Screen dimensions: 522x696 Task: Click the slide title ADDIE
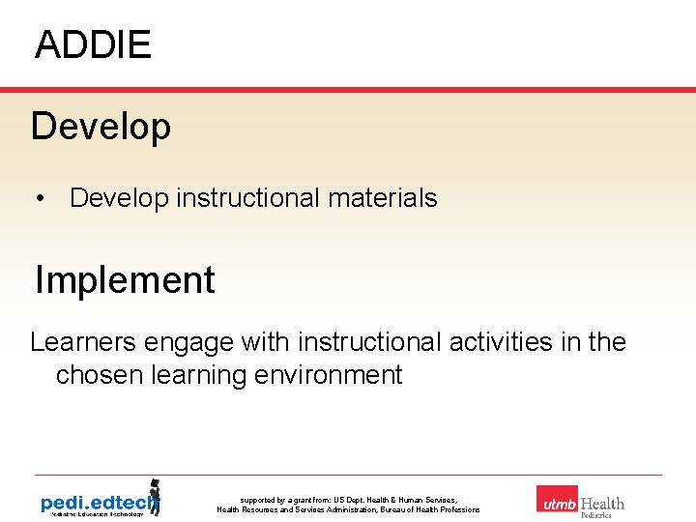(x=93, y=45)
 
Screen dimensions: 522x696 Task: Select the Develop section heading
(x=101, y=127)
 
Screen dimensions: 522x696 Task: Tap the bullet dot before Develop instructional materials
(x=41, y=198)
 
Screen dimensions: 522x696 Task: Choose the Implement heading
(x=125, y=280)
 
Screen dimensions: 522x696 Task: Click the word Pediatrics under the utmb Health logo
(x=595, y=515)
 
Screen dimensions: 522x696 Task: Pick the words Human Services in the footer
(x=424, y=500)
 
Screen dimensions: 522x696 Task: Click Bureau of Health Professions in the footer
(x=425, y=509)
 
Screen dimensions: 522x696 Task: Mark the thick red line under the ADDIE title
(x=348, y=90)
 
